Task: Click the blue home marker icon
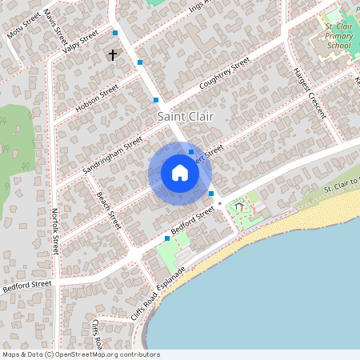180,173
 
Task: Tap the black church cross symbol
113,55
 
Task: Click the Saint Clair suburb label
186,117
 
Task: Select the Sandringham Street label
112,155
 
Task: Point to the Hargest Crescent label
310,93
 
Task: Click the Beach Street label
108,208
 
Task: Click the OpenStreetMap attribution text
80,354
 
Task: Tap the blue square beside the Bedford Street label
166,238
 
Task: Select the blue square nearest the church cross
140,62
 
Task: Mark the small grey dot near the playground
220,204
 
